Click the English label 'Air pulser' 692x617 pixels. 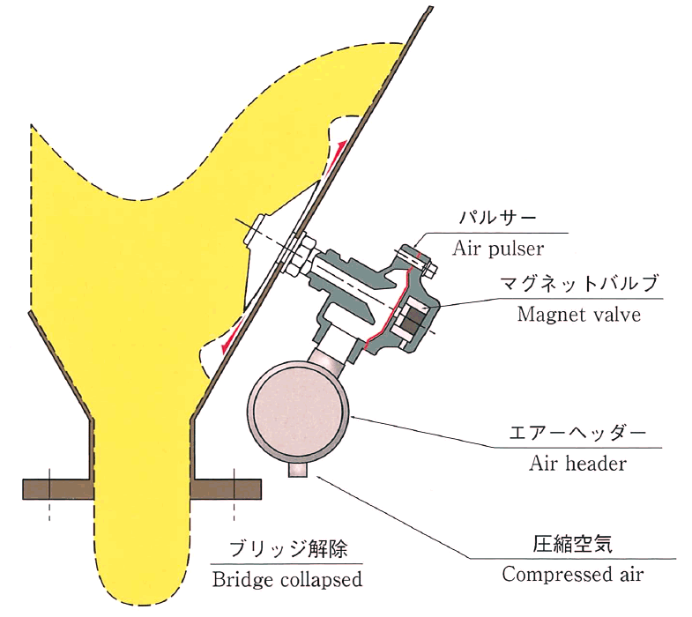coord(498,249)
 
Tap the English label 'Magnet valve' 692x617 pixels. coord(578,315)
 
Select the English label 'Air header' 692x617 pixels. coord(577,464)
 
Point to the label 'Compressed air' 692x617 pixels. coord(573,574)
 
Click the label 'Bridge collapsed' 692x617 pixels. coord(286,579)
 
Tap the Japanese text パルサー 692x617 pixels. coord(498,218)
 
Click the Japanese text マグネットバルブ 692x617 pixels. coord(578,283)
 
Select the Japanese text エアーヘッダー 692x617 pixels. coord(577,433)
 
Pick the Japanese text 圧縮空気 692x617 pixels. coord(572,544)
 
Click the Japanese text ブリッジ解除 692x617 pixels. coord(288,548)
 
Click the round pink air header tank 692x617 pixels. coord(298,412)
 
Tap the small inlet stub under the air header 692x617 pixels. coord(298,470)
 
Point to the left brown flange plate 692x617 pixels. coord(58,489)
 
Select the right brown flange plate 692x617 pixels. coord(227,489)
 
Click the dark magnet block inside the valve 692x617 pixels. coord(413,319)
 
